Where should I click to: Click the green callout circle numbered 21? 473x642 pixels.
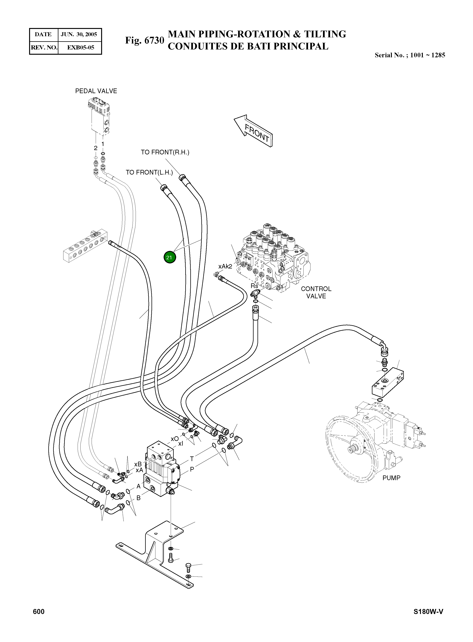point(169,257)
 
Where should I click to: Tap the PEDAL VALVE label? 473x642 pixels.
point(96,91)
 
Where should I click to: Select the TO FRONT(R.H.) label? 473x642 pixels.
point(165,152)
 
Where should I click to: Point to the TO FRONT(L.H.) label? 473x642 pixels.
point(149,172)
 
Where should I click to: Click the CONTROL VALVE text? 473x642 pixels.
point(316,293)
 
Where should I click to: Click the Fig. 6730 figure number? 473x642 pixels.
point(145,40)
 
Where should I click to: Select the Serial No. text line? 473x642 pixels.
point(410,55)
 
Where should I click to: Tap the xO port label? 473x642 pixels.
point(174,439)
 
